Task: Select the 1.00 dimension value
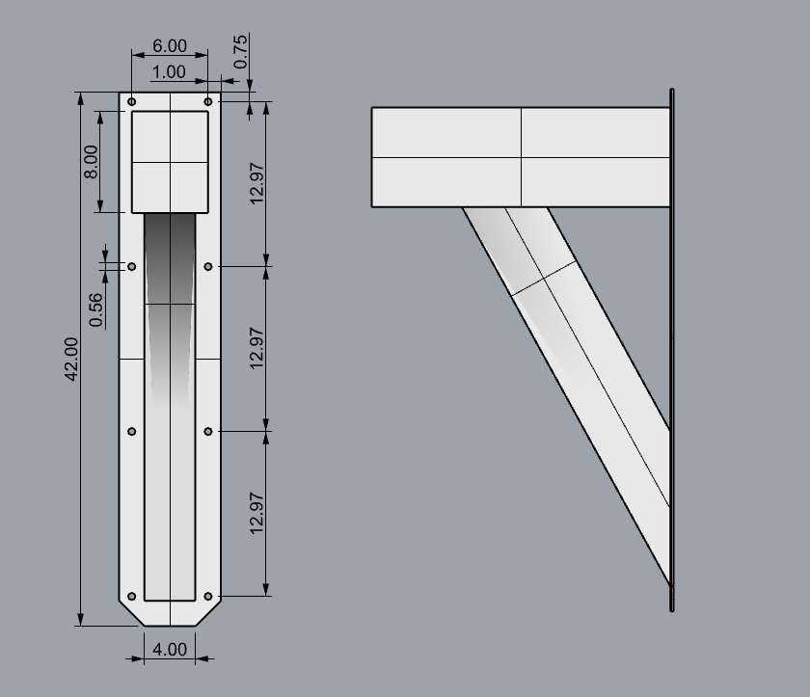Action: pyautogui.click(x=170, y=72)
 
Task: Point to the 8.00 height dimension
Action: pyautogui.click(x=91, y=161)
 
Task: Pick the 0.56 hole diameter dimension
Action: pyautogui.click(x=96, y=309)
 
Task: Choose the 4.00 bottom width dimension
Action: pyautogui.click(x=170, y=649)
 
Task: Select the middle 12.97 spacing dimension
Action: pyautogui.click(x=256, y=348)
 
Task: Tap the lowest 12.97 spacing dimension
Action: pyautogui.click(x=256, y=513)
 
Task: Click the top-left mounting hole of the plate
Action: pyautogui.click(x=132, y=101)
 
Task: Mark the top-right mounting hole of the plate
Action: pyautogui.click(x=208, y=101)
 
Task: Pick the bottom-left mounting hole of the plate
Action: pyautogui.click(x=132, y=596)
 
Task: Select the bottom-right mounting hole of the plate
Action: pyautogui.click(x=208, y=596)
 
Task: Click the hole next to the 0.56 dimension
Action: pyautogui.click(x=132, y=266)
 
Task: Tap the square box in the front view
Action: pyautogui.click(x=170, y=161)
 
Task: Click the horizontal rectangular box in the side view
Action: pyautogui.click(x=521, y=156)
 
